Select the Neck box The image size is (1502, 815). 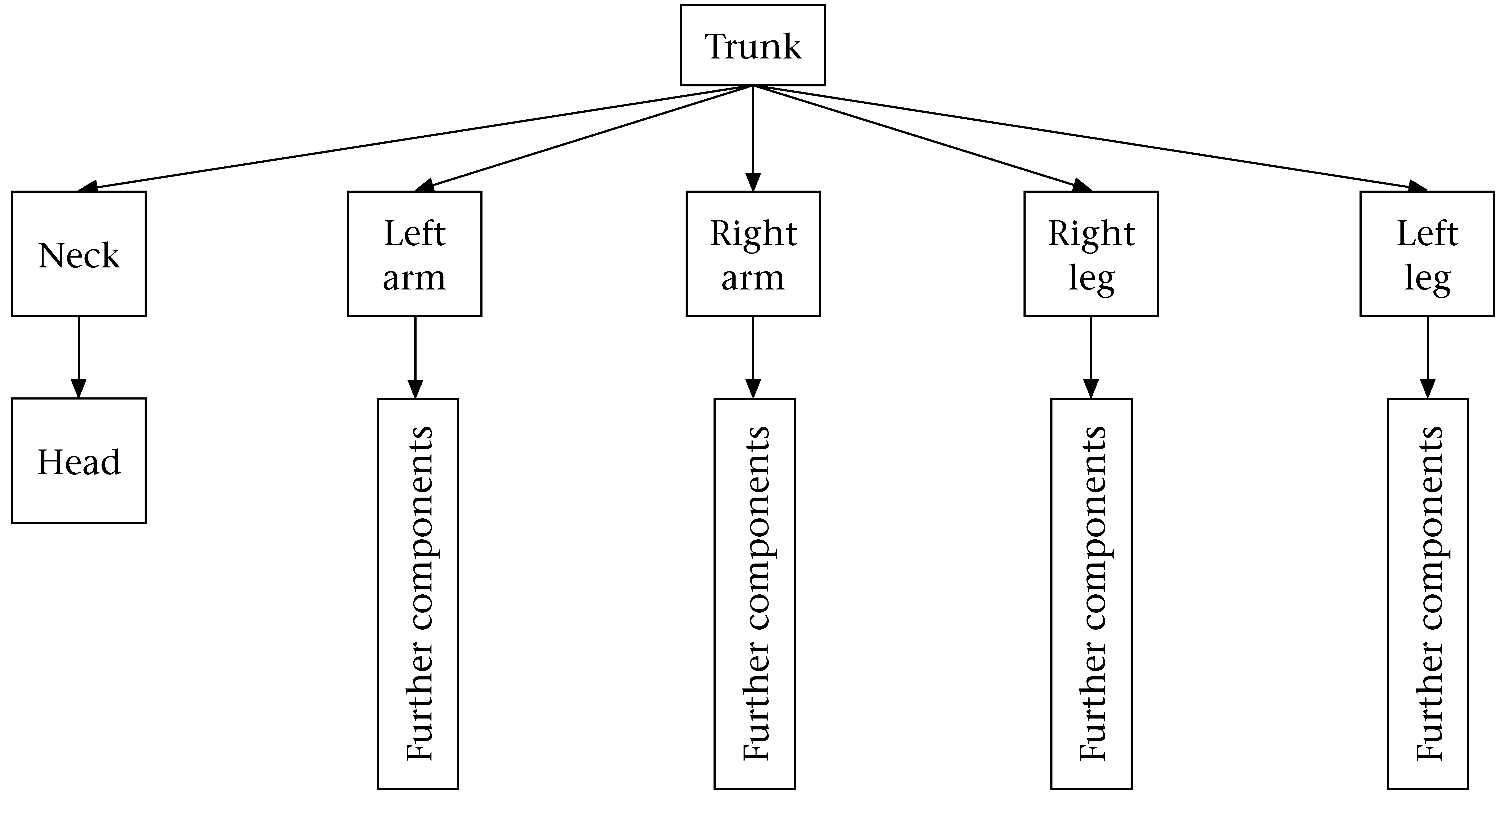pos(79,254)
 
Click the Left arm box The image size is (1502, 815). pos(414,254)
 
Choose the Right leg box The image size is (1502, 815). pos(1091,254)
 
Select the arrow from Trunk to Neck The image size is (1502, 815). pos(414,138)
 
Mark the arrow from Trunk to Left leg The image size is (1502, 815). pos(1090,138)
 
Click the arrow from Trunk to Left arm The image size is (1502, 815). pos(583,138)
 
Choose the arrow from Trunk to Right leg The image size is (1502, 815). pos(921,138)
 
